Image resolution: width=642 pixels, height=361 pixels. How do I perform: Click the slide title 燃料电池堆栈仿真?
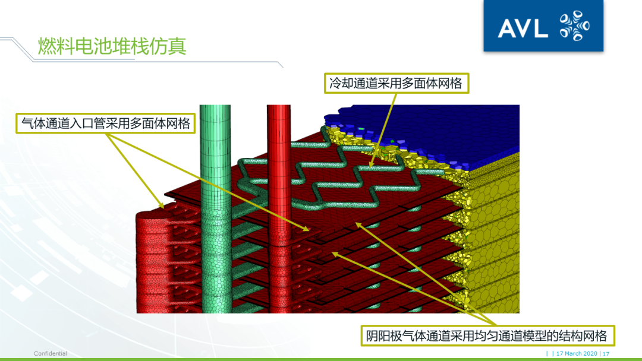pyautogui.click(x=112, y=46)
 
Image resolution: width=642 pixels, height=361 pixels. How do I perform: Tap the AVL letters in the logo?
pyautogui.click(x=523, y=28)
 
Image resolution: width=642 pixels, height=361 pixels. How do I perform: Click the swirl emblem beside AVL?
pyautogui.click(x=574, y=26)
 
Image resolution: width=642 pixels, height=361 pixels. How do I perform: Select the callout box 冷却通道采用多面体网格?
pyautogui.click(x=396, y=83)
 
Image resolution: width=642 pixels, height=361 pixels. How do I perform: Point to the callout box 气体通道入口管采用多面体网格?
pyautogui.click(x=106, y=123)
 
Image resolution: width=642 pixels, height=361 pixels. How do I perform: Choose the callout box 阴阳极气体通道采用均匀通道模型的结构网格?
pyautogui.click(x=487, y=336)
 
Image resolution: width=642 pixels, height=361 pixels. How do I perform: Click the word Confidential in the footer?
pyautogui.click(x=51, y=354)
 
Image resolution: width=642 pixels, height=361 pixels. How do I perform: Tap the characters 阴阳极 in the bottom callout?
pyautogui.click(x=387, y=336)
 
